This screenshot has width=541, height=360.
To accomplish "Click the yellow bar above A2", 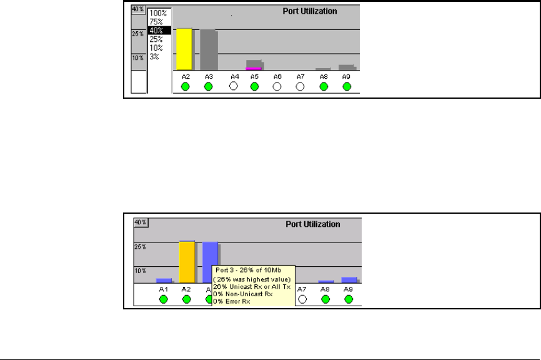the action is point(184,49).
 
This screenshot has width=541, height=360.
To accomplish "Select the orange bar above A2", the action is point(187,262).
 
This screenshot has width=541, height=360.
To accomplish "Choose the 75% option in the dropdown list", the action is point(157,21).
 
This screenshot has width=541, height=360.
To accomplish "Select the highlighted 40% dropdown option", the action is point(157,29).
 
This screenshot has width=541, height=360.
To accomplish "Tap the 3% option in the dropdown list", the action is point(154,56).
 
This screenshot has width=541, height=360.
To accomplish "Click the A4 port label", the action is point(234,76).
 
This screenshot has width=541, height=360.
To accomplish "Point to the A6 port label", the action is point(278,76).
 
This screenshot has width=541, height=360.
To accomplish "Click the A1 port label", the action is point(163,289).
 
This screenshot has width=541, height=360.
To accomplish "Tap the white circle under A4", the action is point(234,86).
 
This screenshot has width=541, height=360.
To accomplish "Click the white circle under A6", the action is point(278,86).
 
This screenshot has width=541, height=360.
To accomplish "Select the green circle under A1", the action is point(164,299).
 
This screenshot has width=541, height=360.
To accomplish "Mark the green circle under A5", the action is point(254,86).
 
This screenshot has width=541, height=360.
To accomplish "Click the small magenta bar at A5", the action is point(253,68).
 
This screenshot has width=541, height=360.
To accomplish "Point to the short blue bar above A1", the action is point(164,281).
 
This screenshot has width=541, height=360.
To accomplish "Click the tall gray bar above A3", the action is point(208,49).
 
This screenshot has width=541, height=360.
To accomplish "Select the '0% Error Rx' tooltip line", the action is point(232,302).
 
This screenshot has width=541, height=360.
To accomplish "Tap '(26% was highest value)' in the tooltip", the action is point(247,278).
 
